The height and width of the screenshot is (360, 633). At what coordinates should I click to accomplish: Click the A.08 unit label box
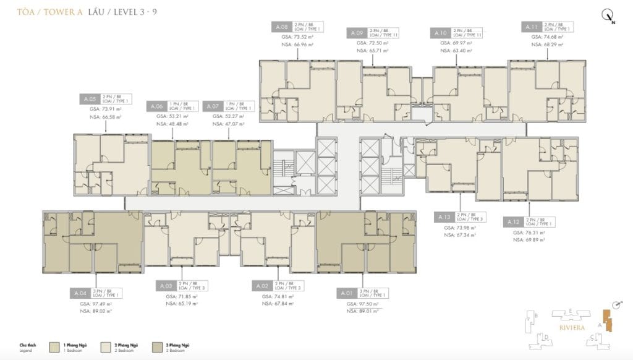coord(281,27)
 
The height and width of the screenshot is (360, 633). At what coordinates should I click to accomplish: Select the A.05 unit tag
coord(89,99)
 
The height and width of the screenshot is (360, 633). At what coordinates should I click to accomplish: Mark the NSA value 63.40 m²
coord(454,50)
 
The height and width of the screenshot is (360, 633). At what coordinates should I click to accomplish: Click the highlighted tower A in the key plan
coord(610,322)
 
